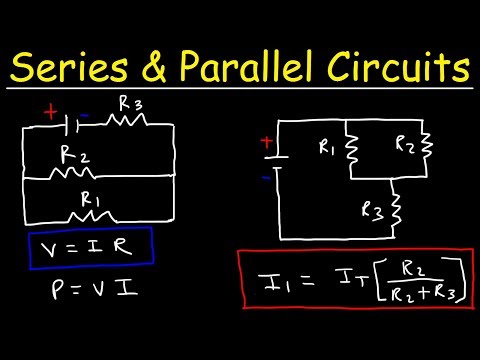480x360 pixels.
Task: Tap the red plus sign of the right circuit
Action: (266, 143)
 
